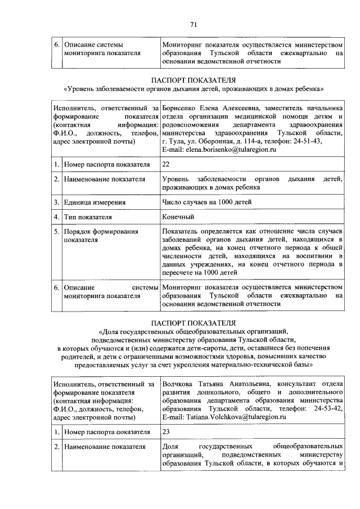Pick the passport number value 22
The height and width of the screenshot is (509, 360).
(166, 164)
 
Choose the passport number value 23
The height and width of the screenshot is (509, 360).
(166, 432)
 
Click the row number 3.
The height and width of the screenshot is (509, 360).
(57, 202)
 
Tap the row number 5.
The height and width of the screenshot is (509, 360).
(57, 231)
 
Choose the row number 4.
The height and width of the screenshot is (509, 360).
(57, 217)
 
